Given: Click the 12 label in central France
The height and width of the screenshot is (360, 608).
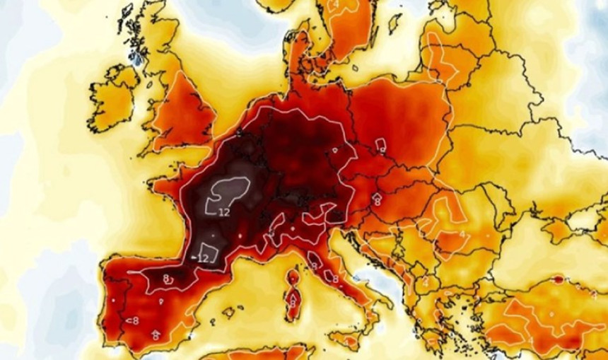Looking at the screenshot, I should pos(224,211).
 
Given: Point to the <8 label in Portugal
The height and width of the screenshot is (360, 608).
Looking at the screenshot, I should pos(132,320).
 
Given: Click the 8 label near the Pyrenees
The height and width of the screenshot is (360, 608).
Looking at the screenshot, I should pos(167,278).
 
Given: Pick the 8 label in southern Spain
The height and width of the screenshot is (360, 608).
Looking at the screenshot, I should pos(156,335).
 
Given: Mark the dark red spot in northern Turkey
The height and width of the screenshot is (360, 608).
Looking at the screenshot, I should pos(558,280).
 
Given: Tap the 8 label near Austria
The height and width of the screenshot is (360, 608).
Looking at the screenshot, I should pos(377,201).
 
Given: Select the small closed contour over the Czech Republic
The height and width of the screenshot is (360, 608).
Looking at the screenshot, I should pos(381,146).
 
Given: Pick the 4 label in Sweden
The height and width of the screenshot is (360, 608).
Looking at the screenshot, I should pos(337,5).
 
